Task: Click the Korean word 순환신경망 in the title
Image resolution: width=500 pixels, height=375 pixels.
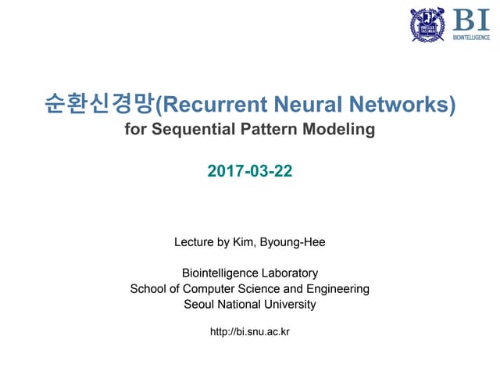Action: (101, 103)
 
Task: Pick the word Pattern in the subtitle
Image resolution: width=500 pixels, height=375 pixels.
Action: (266, 129)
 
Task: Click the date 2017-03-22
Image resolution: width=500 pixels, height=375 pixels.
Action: (250, 169)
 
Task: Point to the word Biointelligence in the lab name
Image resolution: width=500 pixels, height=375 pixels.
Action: (217, 273)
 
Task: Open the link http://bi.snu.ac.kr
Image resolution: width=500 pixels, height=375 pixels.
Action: (250, 333)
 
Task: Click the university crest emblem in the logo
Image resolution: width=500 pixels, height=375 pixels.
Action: (427, 24)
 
